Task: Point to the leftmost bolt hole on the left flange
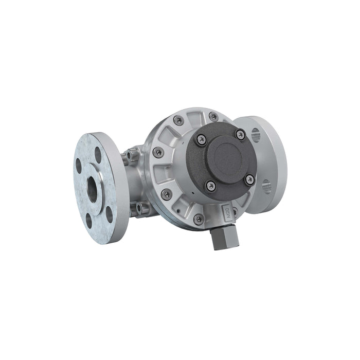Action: pos(79,166)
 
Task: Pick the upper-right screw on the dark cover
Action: pos(240,134)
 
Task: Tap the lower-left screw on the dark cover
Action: pos(210,185)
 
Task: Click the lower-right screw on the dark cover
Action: pos(249,179)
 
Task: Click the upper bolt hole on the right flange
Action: pos(256,136)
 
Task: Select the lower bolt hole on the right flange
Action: pos(266,186)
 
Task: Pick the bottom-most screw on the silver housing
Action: pos(198,220)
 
